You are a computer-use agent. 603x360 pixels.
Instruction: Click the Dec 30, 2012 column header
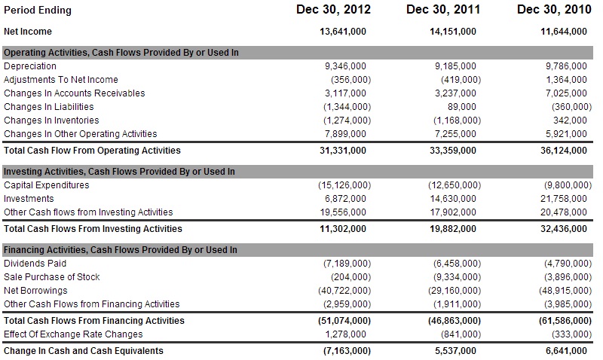(x=333, y=10)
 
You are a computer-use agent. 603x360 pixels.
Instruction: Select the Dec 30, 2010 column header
(x=554, y=10)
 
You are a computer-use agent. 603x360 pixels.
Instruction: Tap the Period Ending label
(x=38, y=11)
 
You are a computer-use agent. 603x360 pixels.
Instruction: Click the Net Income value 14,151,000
(x=453, y=32)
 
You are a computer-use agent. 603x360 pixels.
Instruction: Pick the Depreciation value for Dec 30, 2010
(x=566, y=66)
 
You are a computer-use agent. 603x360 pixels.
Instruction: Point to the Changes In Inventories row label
(x=51, y=121)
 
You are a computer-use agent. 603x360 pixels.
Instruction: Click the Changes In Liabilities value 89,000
(x=461, y=107)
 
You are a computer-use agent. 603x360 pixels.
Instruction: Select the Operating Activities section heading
(x=121, y=53)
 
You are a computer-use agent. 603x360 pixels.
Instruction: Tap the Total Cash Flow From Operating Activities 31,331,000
(x=343, y=151)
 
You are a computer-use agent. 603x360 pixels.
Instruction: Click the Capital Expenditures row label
(x=47, y=185)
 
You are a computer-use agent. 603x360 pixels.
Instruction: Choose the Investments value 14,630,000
(x=453, y=199)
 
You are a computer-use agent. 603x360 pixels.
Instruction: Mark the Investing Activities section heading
(x=119, y=172)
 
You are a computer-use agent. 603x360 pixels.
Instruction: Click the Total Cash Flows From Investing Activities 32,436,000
(x=563, y=229)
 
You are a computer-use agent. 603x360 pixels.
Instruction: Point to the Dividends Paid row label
(x=35, y=264)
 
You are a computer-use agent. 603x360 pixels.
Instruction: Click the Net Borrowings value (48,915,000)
(x=565, y=291)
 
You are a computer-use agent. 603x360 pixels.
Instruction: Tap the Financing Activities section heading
(x=121, y=250)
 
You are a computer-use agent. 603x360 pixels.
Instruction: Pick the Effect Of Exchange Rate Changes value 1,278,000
(x=345, y=334)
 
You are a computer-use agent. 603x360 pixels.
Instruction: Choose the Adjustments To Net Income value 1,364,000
(x=566, y=80)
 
